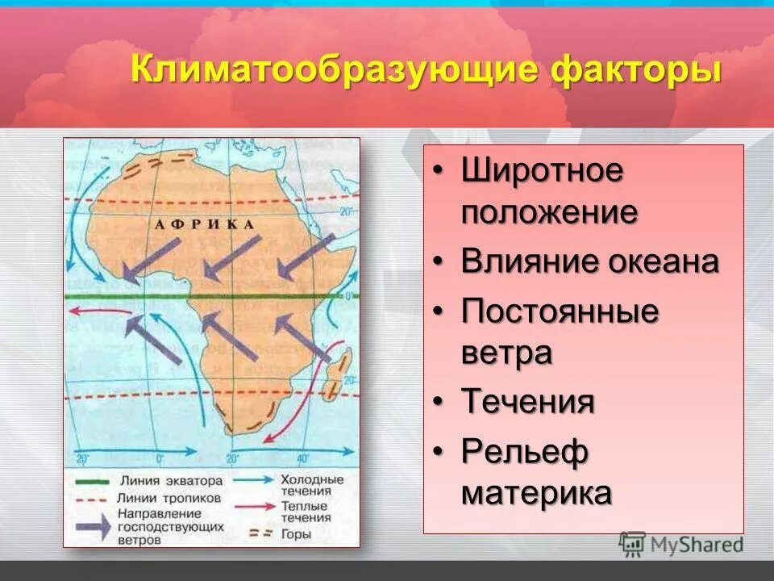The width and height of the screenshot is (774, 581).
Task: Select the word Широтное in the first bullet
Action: point(542,172)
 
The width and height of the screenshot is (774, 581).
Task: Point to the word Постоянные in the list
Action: point(560,311)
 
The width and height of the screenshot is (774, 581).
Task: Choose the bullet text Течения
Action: point(527,402)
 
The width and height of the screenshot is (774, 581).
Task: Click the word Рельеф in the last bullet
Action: point(524,452)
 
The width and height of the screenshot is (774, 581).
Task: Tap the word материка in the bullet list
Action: point(535,493)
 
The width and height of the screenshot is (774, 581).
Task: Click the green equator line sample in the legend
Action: point(93,481)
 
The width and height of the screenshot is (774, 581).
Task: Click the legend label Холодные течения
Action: point(310,484)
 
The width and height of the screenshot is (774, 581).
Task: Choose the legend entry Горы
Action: point(293,533)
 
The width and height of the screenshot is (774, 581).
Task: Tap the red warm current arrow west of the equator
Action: point(86,317)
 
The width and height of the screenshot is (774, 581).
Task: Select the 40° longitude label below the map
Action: point(302,458)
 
